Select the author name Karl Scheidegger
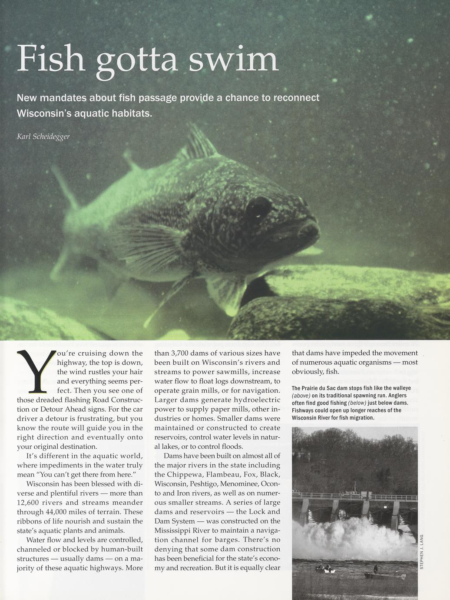click(43, 137)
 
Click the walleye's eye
click(258, 208)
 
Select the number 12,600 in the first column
click(30, 503)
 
